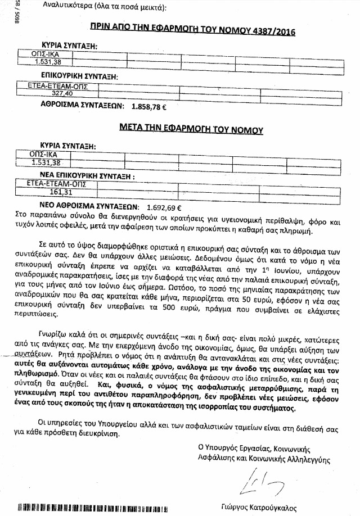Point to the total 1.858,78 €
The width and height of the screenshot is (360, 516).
[152, 105]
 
